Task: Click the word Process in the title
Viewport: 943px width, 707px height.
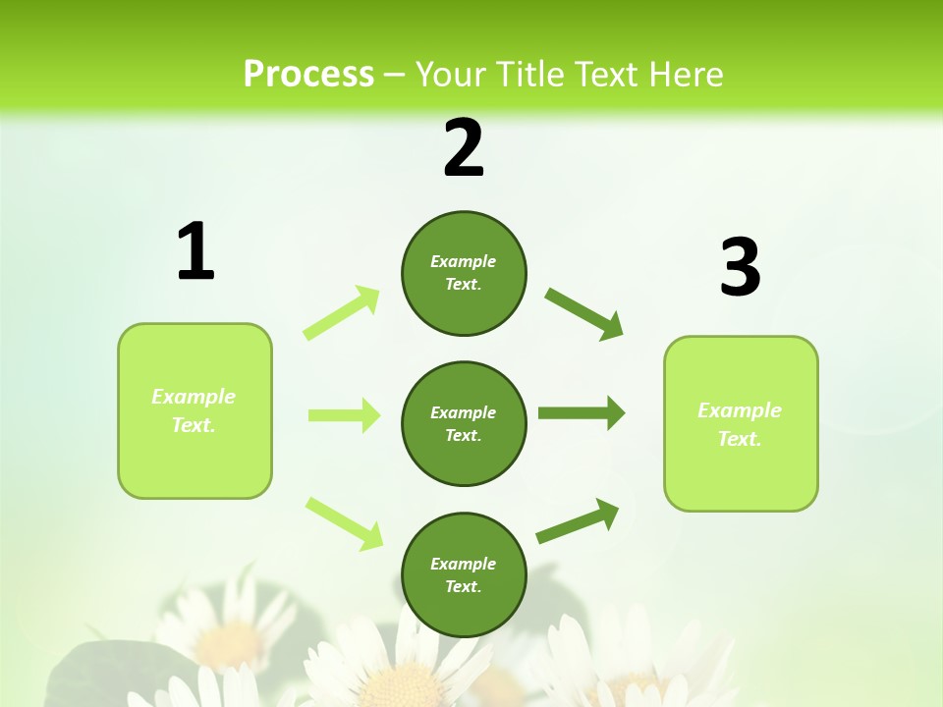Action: click(308, 75)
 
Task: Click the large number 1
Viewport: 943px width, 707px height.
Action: click(195, 251)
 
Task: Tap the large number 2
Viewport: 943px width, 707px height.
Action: click(464, 148)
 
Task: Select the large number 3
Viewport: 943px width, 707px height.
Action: click(740, 267)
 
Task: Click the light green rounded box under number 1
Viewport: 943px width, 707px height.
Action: click(194, 452)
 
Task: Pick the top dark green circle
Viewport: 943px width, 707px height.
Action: click(464, 273)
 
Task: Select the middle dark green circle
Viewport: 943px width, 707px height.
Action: click(464, 424)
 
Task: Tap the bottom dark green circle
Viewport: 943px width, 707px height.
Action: click(464, 575)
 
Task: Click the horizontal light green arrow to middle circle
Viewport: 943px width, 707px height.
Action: click(344, 415)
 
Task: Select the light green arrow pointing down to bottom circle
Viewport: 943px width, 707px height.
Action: click(344, 523)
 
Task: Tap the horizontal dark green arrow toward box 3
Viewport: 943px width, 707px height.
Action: click(581, 413)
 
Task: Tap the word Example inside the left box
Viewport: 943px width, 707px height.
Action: click(194, 397)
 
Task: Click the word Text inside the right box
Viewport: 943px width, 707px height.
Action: click(739, 439)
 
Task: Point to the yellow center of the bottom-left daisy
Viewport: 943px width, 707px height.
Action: click(232, 642)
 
